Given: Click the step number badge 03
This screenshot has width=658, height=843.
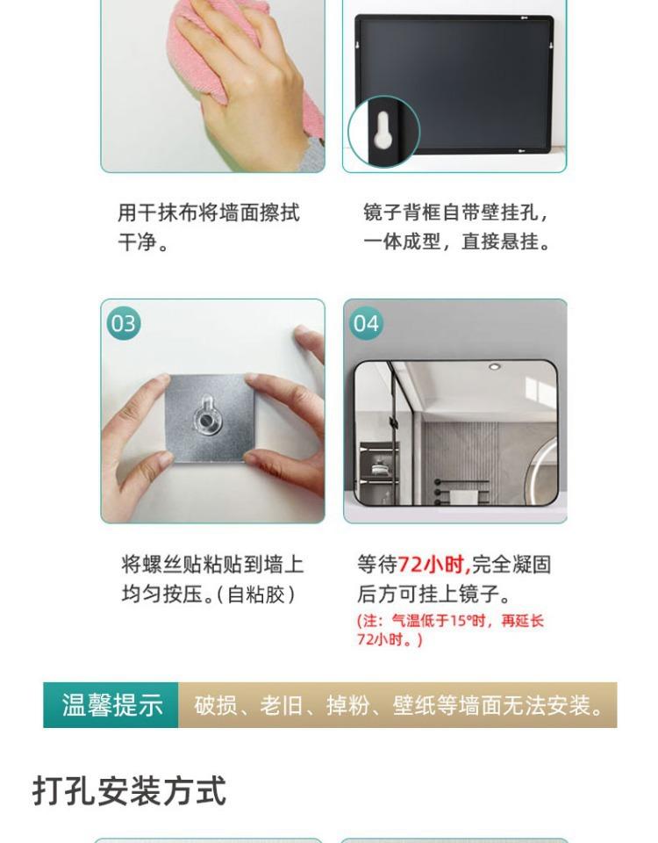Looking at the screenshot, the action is [x=124, y=324].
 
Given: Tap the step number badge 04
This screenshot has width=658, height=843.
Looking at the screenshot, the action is [x=367, y=324].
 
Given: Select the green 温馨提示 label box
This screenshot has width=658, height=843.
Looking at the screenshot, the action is [x=111, y=705].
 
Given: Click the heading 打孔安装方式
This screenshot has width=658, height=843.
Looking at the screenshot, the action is [x=130, y=790].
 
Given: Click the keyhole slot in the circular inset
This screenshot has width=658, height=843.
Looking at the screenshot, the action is [x=383, y=130].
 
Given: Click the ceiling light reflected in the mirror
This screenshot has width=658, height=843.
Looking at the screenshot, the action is [x=494, y=367].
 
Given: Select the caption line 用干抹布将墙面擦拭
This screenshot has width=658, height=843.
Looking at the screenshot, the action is [x=209, y=213].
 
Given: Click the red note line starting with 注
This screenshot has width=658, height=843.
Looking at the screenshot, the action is [x=450, y=621].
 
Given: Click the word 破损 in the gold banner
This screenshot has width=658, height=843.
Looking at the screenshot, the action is [x=216, y=705].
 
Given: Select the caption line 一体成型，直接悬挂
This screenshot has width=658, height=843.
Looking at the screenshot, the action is [x=457, y=242].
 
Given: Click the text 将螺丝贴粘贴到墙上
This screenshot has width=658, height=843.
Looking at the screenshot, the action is [x=212, y=565].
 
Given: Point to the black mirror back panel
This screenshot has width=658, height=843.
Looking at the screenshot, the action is [x=454, y=85].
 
